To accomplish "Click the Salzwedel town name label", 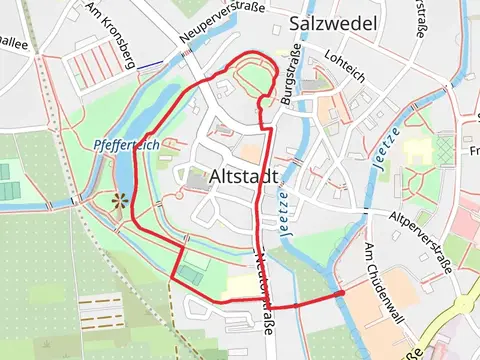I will pyautogui.click(x=330, y=23).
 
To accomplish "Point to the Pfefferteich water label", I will pyautogui.click(x=125, y=144).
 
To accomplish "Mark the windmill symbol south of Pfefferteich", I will pyautogui.click(x=120, y=202).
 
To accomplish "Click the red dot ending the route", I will pyautogui.click(x=341, y=292).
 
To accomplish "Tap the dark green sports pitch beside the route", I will pyautogui.click(x=189, y=273).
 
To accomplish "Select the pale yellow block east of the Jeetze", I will pyautogui.click(x=418, y=151).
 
